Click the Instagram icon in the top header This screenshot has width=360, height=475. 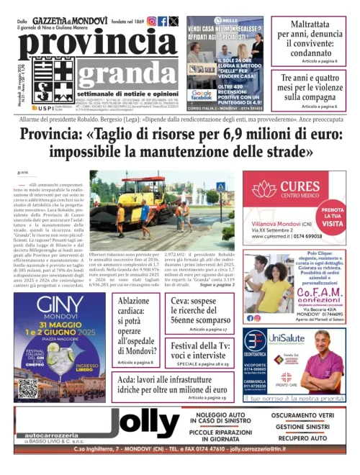coord(152,22)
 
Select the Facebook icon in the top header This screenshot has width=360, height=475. coord(163,22)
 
